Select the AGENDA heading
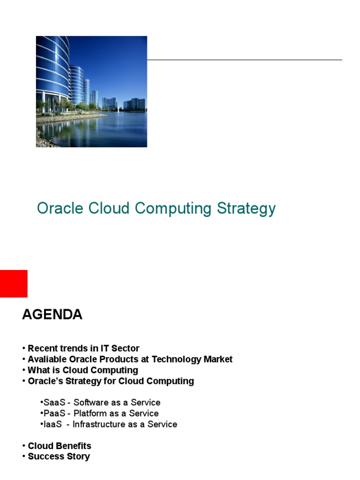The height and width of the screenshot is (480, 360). coord(52,315)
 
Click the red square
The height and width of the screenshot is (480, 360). coord(14,284)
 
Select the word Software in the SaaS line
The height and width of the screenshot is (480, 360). coord(91,402)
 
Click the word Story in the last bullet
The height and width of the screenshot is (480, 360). coord(78,457)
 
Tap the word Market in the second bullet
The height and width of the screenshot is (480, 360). coord(217,360)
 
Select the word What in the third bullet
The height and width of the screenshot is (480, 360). coord(37,370)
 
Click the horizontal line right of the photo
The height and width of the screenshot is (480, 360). coord(244,60)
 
